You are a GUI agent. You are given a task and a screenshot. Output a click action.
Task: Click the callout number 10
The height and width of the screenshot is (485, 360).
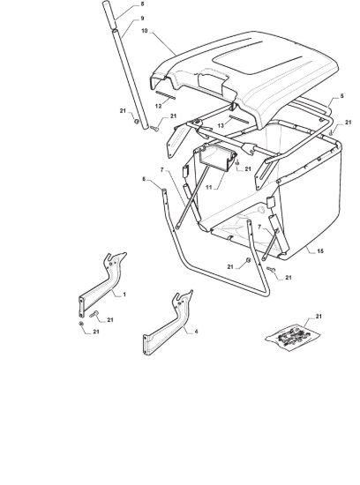(145, 31)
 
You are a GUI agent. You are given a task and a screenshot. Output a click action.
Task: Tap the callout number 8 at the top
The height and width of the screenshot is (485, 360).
(142, 4)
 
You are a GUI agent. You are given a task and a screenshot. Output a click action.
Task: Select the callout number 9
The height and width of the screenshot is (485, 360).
(142, 19)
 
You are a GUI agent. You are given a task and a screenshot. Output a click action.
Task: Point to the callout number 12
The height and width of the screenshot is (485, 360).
(158, 106)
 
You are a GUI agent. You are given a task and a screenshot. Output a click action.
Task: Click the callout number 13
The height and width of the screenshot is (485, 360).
(221, 125)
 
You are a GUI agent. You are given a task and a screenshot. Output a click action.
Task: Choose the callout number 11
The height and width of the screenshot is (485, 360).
(209, 188)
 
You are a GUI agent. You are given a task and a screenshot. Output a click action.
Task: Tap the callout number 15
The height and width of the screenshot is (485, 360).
(320, 250)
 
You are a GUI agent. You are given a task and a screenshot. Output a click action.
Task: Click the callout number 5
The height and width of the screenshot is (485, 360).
(341, 96)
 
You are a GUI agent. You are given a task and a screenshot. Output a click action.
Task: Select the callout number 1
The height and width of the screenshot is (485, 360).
(124, 295)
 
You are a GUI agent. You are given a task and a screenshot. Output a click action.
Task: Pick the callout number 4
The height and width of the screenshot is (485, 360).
(196, 332)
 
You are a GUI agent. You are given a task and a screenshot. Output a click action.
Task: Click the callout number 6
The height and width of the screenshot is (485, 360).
(144, 179)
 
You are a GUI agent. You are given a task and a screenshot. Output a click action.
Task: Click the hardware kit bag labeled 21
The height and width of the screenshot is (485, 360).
(293, 337)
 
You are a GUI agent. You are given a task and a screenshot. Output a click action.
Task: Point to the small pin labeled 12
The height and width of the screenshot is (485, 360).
(165, 95)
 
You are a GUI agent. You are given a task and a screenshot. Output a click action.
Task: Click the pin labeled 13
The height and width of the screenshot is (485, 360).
(238, 119)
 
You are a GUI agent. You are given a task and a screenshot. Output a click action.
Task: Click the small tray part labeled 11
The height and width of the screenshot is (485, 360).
(217, 159)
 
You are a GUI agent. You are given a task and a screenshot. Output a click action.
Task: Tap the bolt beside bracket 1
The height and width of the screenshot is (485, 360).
(94, 314)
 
